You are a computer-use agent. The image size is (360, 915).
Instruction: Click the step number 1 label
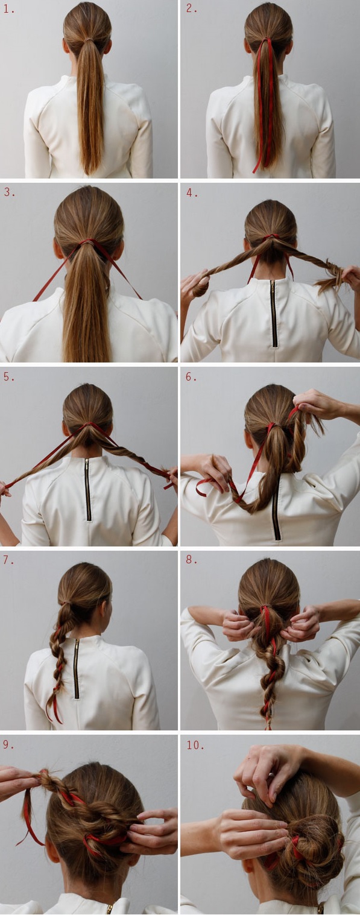(x=9, y=9)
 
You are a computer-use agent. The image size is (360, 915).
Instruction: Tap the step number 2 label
(x=191, y=8)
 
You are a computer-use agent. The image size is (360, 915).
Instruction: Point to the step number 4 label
(x=192, y=192)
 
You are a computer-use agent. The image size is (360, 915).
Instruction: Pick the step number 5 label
(x=9, y=376)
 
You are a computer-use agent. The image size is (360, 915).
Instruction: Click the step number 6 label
(x=191, y=376)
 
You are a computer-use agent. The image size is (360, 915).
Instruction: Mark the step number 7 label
(x=9, y=560)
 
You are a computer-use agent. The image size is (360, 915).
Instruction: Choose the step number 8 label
(x=191, y=559)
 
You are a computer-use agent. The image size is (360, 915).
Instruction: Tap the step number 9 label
(x=9, y=744)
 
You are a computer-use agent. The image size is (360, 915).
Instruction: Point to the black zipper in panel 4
(x=274, y=313)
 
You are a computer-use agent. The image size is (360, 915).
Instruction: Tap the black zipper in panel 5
(x=88, y=489)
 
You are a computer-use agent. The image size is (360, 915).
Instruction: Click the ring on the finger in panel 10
(x=271, y=773)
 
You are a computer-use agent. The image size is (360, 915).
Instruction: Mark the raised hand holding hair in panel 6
(x=318, y=404)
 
